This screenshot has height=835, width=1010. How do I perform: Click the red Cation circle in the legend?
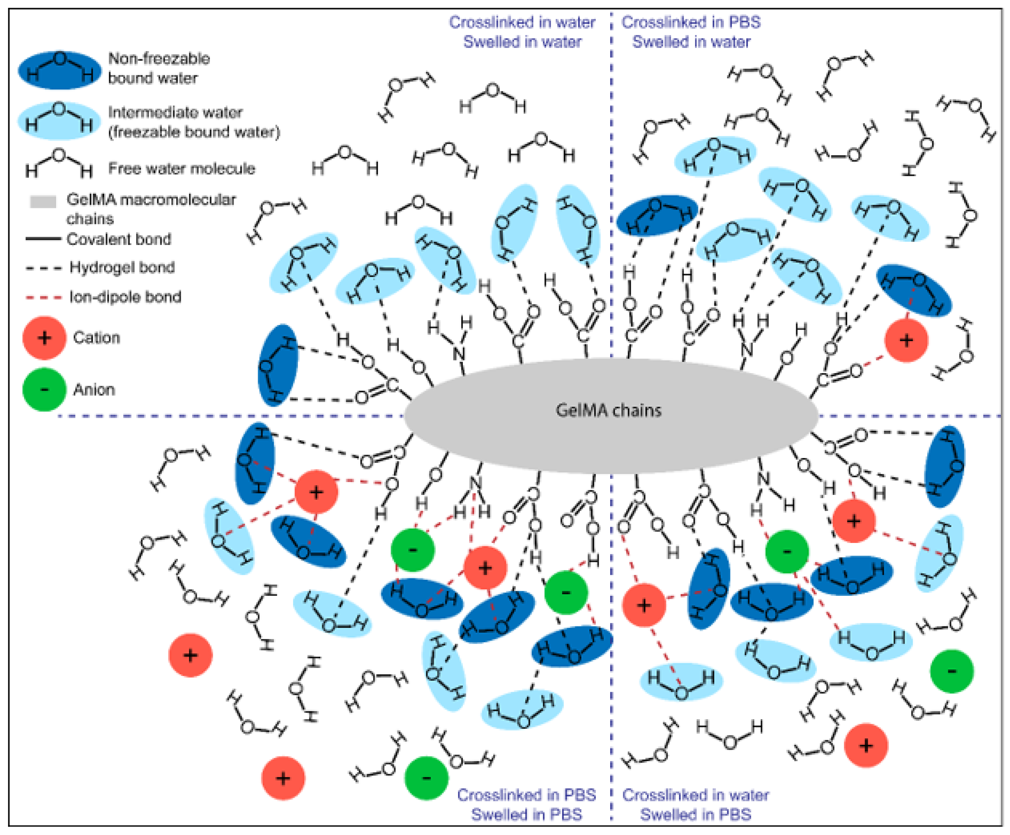click(44, 338)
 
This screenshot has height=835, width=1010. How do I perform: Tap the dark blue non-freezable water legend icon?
click(60, 70)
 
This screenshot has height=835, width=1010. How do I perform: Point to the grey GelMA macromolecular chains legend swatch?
click(43, 201)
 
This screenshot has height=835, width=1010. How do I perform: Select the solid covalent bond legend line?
click(43, 239)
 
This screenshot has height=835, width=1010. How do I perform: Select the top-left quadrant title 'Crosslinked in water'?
click(522, 22)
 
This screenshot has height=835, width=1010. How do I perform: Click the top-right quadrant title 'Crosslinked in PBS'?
click(691, 22)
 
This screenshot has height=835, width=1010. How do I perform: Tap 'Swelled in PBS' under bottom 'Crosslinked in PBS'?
click(526, 814)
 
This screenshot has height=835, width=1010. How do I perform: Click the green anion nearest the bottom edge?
click(426, 778)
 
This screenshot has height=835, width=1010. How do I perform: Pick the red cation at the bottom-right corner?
click(866, 746)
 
